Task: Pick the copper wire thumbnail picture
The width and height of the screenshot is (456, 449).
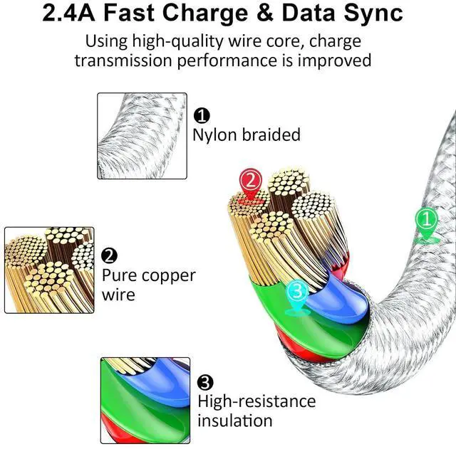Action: coord(49,270)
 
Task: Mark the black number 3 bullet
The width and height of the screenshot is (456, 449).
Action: coord(205,382)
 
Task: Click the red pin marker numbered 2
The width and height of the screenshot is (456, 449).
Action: coord(249,182)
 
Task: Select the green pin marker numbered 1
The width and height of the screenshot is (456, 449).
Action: coord(426,221)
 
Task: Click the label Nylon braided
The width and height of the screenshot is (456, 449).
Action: coord(247,134)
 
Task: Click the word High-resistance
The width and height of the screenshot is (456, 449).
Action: coord(256,401)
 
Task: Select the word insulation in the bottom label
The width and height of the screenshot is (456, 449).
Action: coord(234,421)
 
